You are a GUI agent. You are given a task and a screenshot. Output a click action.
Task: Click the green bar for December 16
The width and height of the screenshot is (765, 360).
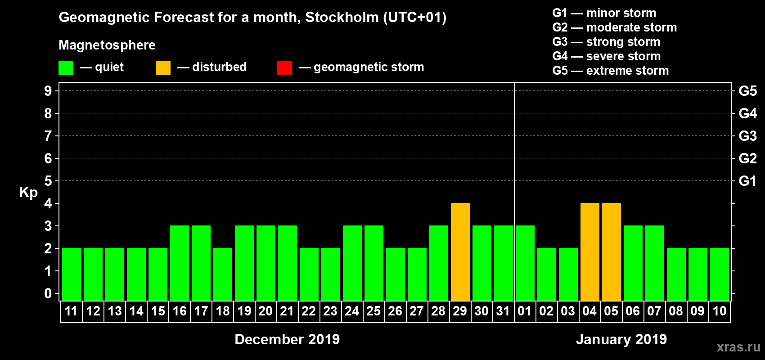tap(179, 263)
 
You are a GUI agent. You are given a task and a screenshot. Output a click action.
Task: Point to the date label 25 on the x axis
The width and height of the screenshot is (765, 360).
tap(373, 311)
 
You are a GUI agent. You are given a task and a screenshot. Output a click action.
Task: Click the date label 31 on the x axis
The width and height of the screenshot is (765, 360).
tap(503, 311)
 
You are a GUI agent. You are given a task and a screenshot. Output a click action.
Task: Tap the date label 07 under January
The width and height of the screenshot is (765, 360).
tap(654, 311)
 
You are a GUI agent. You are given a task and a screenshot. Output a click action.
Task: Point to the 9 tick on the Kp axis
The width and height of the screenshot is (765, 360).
tap(48, 91)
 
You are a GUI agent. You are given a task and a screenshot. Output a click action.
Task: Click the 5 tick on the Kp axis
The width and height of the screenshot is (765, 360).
tap(48, 181)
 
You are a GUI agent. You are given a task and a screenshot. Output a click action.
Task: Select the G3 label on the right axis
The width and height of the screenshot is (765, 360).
tap(747, 136)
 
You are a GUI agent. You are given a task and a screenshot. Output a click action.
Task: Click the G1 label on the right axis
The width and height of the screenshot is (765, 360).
tap(747, 181)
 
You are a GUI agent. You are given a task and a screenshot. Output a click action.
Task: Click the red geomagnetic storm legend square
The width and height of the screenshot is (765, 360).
tap(284, 68)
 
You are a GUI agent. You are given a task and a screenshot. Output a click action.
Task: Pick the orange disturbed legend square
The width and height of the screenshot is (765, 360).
tap(163, 68)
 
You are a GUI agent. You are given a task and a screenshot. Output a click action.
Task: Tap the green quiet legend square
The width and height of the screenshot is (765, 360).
tap(66, 68)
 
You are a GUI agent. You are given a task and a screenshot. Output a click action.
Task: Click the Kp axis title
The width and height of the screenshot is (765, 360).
tap(28, 192)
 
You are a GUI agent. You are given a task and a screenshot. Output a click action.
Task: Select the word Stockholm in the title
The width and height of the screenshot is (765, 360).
tap(342, 17)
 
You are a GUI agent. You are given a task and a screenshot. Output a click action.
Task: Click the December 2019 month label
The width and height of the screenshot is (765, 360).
tap(287, 339)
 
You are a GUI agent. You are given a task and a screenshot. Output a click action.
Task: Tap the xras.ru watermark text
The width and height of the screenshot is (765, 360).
tap(738, 347)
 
